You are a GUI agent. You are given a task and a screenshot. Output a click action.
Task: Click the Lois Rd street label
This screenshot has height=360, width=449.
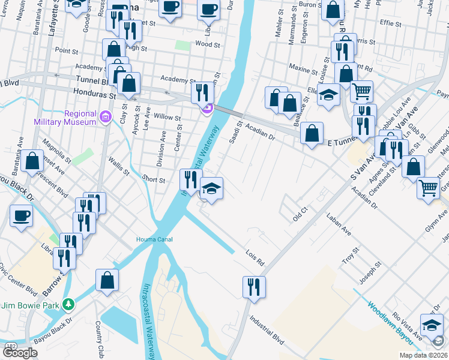pyautogui.click(x=255, y=258)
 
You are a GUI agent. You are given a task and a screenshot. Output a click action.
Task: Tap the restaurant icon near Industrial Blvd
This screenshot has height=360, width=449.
pyautogui.click(x=254, y=286)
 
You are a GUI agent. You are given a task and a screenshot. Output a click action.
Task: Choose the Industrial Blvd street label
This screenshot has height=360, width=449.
pyautogui.click(x=267, y=329)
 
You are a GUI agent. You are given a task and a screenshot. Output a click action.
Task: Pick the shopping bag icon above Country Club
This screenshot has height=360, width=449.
pyautogui.click(x=107, y=280)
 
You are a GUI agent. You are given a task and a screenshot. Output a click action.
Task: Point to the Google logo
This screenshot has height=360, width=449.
pyautogui.click(x=20, y=353)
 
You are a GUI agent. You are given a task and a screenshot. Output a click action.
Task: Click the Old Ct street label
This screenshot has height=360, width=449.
pyautogui.click(x=300, y=214)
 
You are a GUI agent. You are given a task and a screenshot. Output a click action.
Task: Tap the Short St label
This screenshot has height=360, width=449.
pyautogui.click(x=153, y=179)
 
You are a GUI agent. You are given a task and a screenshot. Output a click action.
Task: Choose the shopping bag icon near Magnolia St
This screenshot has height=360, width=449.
pyautogui.click(x=32, y=160)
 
